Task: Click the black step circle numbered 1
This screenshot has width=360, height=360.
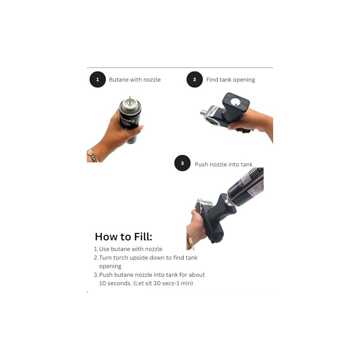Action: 98,80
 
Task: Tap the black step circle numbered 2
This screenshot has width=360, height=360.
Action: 194,80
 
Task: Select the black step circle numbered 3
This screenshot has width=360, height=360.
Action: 182,163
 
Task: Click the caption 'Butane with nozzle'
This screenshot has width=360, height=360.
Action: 135,80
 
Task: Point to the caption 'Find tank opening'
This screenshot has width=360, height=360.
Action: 230,80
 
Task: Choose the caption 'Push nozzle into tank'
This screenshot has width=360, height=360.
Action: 224,164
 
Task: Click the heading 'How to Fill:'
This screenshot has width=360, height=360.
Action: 123,237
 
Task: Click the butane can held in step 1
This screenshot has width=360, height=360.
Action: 130,119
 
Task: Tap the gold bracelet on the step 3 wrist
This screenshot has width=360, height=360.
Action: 190,242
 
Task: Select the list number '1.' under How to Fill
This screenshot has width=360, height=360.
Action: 96,249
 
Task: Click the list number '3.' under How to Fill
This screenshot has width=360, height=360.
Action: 96,275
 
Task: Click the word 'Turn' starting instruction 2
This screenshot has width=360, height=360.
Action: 105,258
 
